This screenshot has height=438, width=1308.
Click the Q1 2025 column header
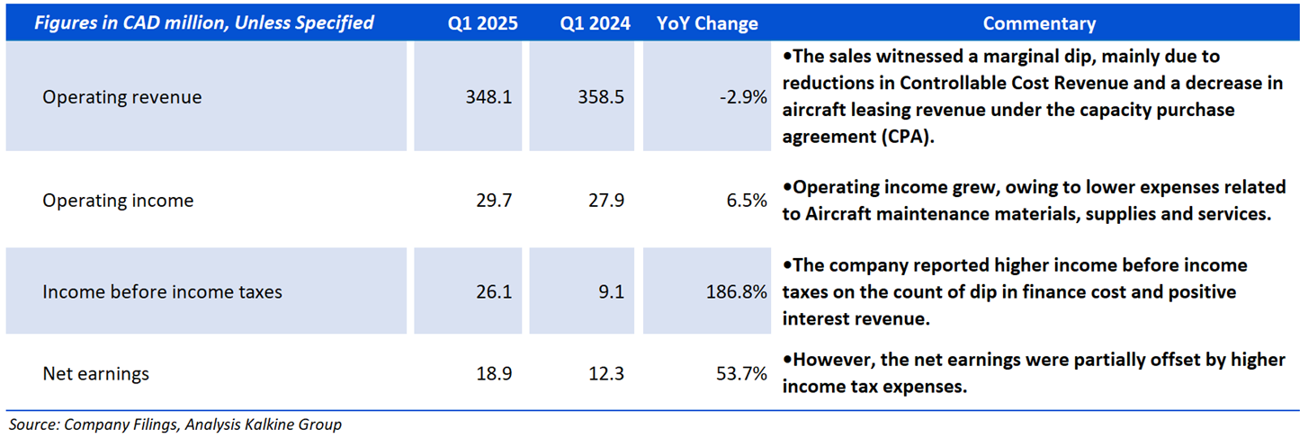tap(483, 23)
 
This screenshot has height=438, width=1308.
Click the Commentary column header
tap(1038, 23)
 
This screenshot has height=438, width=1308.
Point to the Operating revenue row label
tap(122, 97)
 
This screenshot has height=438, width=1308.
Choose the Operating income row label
tap(118, 201)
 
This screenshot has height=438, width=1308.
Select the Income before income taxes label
tap(162, 292)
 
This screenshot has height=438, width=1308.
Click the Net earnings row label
tap(96, 373)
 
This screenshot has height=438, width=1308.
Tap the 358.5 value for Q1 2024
tap(602, 97)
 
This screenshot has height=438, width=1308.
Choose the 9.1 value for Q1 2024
tap(612, 292)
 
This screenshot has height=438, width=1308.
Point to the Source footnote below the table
tap(175, 425)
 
